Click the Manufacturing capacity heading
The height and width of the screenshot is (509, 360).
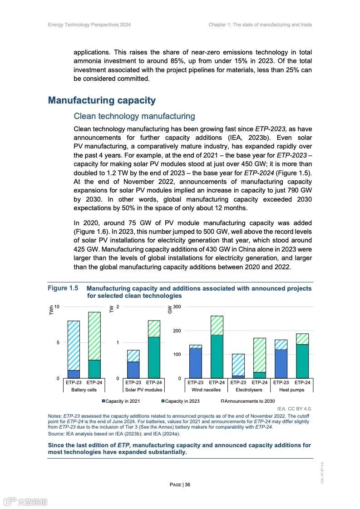102,100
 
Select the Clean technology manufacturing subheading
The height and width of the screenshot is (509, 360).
134,116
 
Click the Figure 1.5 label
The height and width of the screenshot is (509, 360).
63,288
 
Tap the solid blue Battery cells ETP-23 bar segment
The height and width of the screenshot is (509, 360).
74,374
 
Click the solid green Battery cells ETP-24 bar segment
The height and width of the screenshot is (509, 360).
94,369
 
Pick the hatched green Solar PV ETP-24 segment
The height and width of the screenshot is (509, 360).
154,329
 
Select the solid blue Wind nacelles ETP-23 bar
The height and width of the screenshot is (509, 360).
195,363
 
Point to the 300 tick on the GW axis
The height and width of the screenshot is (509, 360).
177,307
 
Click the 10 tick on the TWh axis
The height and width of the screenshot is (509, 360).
57,307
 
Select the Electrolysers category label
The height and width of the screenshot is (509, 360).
249,390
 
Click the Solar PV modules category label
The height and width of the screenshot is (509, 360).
143,390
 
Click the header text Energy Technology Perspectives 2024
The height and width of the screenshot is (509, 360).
89,25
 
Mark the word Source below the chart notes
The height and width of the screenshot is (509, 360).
56,434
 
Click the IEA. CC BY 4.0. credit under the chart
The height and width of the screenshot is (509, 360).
294,409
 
